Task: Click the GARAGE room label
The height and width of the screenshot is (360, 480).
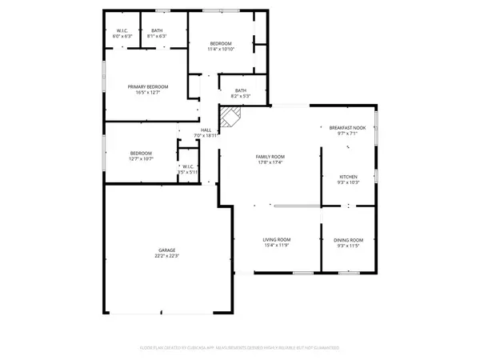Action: click(x=166, y=250)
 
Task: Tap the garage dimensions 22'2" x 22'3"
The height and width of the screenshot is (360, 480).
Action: click(x=166, y=257)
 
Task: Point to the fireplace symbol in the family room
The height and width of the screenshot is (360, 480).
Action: click(x=231, y=120)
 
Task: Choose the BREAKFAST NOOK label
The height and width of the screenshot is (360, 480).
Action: click(x=347, y=127)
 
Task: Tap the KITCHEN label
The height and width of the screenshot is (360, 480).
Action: click(x=348, y=176)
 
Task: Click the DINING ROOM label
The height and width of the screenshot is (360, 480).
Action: click(x=348, y=240)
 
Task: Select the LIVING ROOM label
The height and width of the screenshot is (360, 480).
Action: click(x=278, y=240)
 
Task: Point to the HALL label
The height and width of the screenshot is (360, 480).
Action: click(x=206, y=130)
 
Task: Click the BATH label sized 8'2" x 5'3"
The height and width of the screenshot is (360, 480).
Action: click(x=240, y=90)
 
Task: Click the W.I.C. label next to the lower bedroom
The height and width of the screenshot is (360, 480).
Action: click(x=187, y=166)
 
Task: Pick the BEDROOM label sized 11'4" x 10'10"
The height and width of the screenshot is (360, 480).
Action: click(x=221, y=43)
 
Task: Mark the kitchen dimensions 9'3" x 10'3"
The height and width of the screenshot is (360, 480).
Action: click(x=348, y=182)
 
